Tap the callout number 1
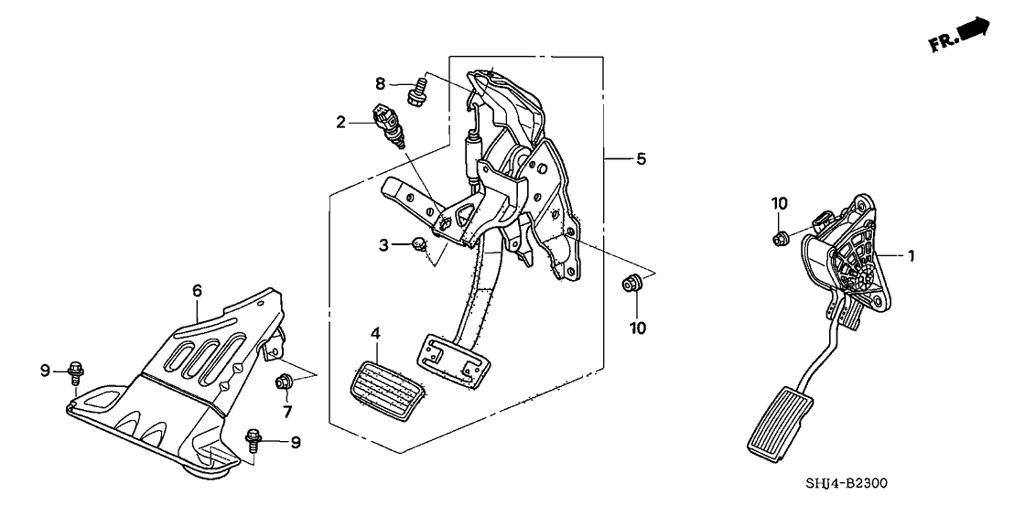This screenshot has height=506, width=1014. [x=911, y=257]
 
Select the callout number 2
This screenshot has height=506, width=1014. [x=340, y=122]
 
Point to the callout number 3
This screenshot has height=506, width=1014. [x=385, y=244]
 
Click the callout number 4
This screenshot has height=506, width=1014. [x=376, y=335]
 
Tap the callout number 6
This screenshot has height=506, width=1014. [x=197, y=291]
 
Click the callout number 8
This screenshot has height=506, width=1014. [x=380, y=84]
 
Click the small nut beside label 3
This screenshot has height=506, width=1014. [x=416, y=244]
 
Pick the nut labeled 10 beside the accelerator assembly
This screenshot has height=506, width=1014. [x=780, y=240]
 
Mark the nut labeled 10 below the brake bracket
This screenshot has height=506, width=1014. [x=631, y=284]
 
